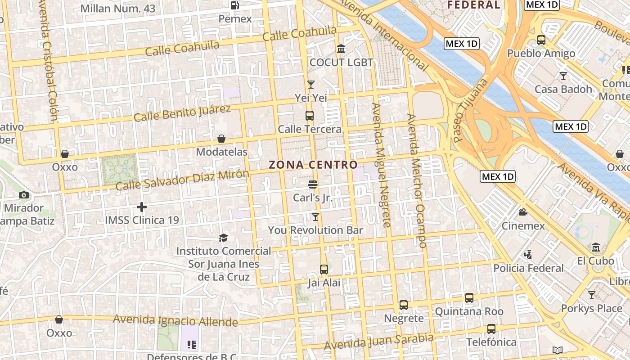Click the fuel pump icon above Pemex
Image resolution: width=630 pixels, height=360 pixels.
pyautogui.click(x=234, y=5)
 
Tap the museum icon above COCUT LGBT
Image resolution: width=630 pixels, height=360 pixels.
pyautogui.click(x=341, y=49)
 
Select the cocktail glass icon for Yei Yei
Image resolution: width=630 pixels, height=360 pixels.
pyautogui.click(x=310, y=84)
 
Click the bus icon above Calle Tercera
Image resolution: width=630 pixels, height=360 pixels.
pyautogui.click(x=310, y=115)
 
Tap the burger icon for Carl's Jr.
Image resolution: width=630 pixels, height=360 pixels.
pyautogui.click(x=313, y=184)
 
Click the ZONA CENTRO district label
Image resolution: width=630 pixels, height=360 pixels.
pyautogui.click(x=313, y=165)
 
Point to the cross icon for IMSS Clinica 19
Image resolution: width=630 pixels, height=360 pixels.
pyautogui.click(x=142, y=207)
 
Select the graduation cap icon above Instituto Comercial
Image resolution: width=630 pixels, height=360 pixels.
pyautogui.click(x=223, y=237)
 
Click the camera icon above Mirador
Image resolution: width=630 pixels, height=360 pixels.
pyautogui.click(x=24, y=195)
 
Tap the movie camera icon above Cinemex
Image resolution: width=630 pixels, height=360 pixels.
pyautogui.click(x=523, y=212)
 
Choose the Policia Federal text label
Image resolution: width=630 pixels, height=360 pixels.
pyautogui.click(x=528, y=268)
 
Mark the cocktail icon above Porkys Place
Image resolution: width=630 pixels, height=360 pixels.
pyautogui.click(x=592, y=295)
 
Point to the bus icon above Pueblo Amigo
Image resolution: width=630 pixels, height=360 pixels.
pyautogui.click(x=541, y=40)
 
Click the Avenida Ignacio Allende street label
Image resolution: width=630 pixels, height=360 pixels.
pyautogui.click(x=175, y=320)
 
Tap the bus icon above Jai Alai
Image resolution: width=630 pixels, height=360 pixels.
pyautogui.click(x=324, y=270)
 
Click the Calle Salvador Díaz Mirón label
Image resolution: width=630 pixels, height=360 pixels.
pyautogui.click(x=182, y=180)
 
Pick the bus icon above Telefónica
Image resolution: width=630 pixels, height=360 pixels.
pyautogui.click(x=491, y=329)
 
